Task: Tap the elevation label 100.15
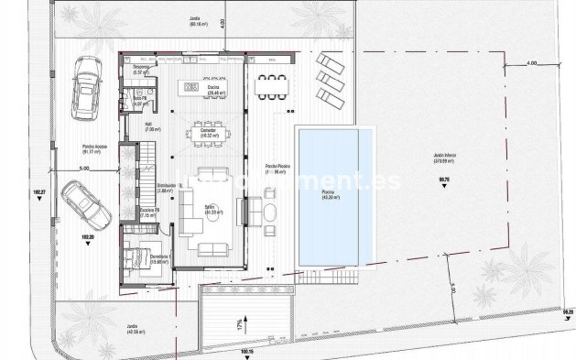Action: tap(245, 351)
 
